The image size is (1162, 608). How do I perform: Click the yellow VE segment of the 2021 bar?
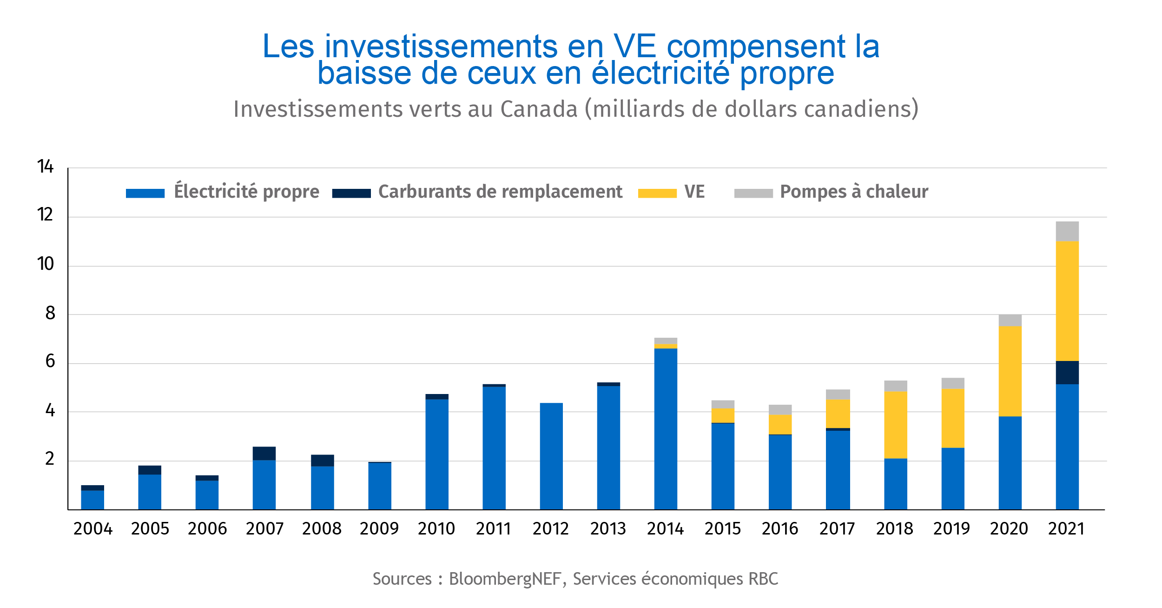pos(1067,301)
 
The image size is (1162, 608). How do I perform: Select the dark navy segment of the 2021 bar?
pos(1067,373)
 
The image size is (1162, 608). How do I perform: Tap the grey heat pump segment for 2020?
pos(1010,321)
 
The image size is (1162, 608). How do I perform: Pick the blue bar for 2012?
pos(551,456)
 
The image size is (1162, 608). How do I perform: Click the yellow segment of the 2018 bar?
pos(895,425)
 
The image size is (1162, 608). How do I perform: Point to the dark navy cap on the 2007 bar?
pos(264,453)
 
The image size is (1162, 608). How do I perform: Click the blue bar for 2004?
pos(92,500)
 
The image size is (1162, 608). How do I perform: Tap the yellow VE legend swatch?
pos(657,193)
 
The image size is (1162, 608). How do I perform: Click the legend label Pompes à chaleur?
pos(854,192)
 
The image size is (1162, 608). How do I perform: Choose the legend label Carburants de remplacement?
pos(500,192)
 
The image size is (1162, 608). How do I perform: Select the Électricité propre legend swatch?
pos(145,193)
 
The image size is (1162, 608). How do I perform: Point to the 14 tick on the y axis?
pos(46,167)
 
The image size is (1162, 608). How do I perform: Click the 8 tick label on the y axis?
pos(50,313)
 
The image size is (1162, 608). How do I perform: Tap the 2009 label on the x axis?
pos(379,529)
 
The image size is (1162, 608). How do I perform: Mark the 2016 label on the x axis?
pos(779,529)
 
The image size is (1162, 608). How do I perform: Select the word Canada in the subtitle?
pos(539,109)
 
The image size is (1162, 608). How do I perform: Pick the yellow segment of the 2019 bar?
pos(952,418)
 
